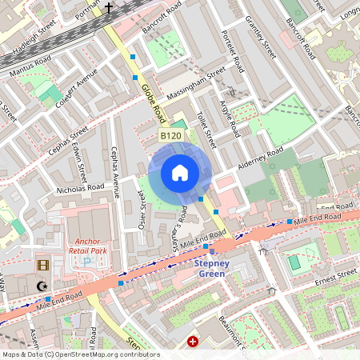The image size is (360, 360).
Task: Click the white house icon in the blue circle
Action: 180,173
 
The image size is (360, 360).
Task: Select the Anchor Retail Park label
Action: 98,245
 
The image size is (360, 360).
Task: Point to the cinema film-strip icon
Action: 42,265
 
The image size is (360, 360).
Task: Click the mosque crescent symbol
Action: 42,285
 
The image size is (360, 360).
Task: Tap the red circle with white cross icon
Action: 193,342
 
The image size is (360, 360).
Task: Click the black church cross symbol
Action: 109,9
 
